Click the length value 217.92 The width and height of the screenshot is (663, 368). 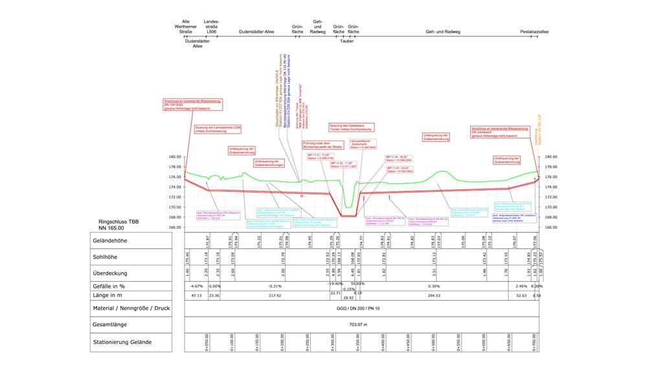click(x=258, y=295)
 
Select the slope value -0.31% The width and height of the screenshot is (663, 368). click(x=258, y=286)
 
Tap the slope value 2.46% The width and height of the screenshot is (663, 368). click(x=521, y=286)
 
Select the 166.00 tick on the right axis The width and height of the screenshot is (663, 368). click(x=551, y=227)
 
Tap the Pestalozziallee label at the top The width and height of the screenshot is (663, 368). click(x=534, y=31)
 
